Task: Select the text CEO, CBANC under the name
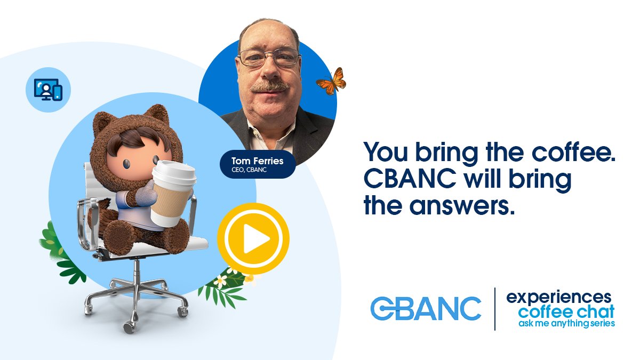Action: pyautogui.click(x=249, y=171)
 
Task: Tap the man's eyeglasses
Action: pyautogui.click(x=269, y=58)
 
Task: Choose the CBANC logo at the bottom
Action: pyautogui.click(x=425, y=309)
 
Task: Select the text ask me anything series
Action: pyautogui.click(x=566, y=324)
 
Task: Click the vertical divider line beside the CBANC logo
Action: pyautogui.click(x=494, y=309)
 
